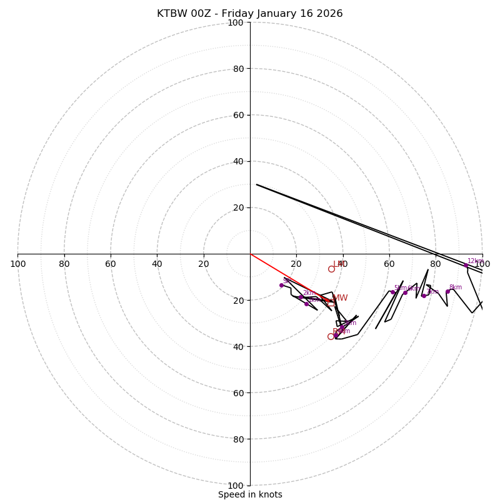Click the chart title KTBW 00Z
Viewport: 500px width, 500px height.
[x=249, y=14]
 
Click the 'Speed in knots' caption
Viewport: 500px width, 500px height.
[x=250, y=494]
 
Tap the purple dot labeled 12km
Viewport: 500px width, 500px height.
[x=466, y=266]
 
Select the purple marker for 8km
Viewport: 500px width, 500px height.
[x=447, y=291]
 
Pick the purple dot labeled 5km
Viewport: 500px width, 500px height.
[x=392, y=292]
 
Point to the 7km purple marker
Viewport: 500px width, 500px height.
[x=424, y=296]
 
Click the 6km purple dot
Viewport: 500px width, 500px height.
[x=405, y=292]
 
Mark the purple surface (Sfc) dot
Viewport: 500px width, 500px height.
[x=281, y=285]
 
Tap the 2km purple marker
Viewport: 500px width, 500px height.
[x=301, y=297]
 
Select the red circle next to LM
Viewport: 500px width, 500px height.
[x=331, y=269]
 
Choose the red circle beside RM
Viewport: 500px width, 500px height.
[x=331, y=336]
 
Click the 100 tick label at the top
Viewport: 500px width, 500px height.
[x=235, y=22]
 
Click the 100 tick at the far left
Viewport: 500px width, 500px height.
[x=17, y=264]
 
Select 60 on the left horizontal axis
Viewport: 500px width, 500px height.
[x=111, y=264]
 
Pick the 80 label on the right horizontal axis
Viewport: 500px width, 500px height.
[x=436, y=264]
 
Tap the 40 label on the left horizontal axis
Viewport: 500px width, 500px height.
[x=157, y=264]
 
